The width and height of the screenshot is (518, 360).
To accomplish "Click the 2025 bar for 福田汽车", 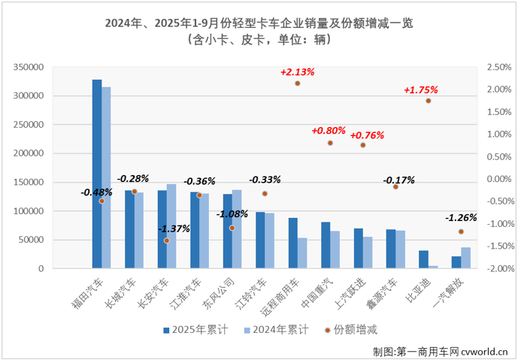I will pos(97,174).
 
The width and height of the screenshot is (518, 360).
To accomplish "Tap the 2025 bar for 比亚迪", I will pos(424,259).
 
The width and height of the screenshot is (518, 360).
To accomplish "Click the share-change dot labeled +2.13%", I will pos(298,83).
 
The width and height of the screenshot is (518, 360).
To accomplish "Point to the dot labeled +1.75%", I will pos(428,101).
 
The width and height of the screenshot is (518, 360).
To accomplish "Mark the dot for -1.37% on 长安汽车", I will pos(167,241).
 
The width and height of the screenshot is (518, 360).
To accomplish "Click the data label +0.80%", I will pos(329,131).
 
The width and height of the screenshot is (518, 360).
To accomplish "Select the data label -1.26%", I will pos(460,218).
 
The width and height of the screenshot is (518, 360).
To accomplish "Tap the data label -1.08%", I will pos(232,214).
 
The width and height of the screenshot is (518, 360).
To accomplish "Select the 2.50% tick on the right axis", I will pos(498,68).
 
